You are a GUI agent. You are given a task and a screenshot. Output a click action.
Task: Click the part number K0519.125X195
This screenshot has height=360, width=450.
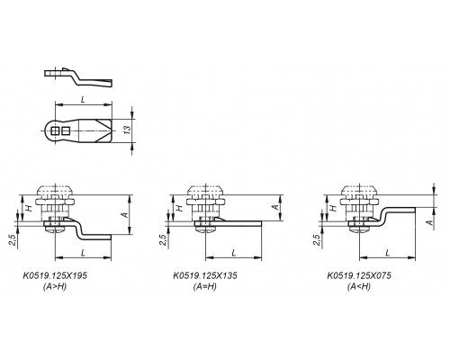pyautogui.click(x=55, y=275)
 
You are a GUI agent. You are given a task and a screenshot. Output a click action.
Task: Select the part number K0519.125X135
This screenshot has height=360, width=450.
pyautogui.click(x=205, y=275)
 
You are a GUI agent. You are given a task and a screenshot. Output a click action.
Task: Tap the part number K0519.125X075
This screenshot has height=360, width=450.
pyautogui.click(x=359, y=275)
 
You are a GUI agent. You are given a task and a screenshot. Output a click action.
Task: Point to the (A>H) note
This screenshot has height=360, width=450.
pyautogui.click(x=55, y=287)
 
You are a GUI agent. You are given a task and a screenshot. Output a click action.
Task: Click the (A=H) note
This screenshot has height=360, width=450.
pyautogui.click(x=205, y=287)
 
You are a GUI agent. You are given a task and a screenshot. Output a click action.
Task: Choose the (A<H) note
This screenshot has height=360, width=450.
pyautogui.click(x=359, y=287)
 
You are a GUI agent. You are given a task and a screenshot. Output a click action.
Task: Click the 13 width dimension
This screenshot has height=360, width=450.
pyautogui.click(x=128, y=130)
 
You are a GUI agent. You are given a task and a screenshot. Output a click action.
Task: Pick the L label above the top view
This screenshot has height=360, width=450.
pyautogui.click(x=83, y=100)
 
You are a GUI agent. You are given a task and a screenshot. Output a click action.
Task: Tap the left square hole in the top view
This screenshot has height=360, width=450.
pyautogui.click(x=56, y=130)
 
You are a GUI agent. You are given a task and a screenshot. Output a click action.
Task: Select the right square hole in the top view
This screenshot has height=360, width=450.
pyautogui.click(x=66, y=130)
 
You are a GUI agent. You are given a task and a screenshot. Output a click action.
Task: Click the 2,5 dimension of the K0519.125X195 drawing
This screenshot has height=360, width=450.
pyautogui.click(x=13, y=240)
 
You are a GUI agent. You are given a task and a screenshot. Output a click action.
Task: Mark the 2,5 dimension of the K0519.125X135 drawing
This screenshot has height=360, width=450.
pyautogui.click(x=162, y=240)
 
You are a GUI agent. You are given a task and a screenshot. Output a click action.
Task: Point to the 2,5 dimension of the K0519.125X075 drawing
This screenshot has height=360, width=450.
pyautogui.click(x=317, y=240)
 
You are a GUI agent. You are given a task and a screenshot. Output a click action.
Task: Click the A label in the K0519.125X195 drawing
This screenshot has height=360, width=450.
pyautogui.click(x=125, y=215)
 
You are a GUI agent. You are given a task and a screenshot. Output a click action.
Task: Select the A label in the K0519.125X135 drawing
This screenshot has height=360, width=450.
pyautogui.click(x=275, y=207)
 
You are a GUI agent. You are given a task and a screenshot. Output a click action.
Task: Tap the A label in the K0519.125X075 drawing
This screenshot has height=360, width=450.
pyautogui.click(x=430, y=222)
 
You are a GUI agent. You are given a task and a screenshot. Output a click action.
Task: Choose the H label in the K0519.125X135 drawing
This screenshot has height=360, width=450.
pyautogui.click(x=179, y=208)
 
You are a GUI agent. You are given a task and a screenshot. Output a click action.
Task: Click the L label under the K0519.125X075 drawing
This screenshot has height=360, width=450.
pyautogui.click(x=388, y=253)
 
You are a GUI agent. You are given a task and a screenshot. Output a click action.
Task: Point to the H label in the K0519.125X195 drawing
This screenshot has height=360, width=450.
pyautogui.click(x=29, y=208)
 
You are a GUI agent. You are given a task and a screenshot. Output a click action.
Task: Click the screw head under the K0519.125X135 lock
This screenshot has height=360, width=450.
pyautogui.click(x=205, y=229)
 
